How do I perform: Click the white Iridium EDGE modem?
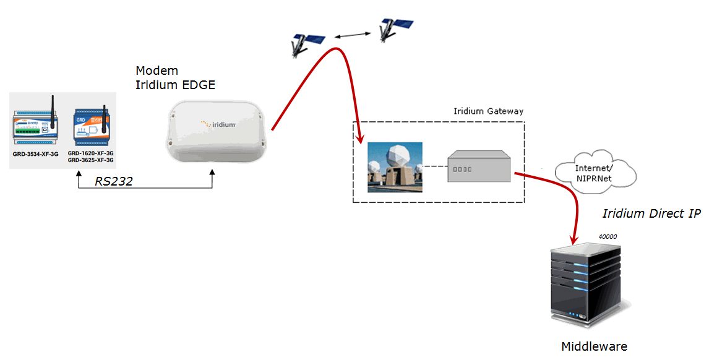[x=216, y=132]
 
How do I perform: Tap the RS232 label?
[x=114, y=181]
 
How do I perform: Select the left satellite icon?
[x=307, y=42]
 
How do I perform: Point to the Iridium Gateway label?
[x=488, y=111]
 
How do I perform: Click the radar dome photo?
[x=395, y=167]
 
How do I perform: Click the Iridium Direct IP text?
[x=651, y=213]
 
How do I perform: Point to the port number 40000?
[x=608, y=236]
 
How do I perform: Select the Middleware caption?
[x=594, y=346]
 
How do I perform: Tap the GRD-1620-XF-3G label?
[x=90, y=152]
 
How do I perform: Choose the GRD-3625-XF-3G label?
[x=90, y=160]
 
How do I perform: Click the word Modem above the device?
[x=157, y=71]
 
